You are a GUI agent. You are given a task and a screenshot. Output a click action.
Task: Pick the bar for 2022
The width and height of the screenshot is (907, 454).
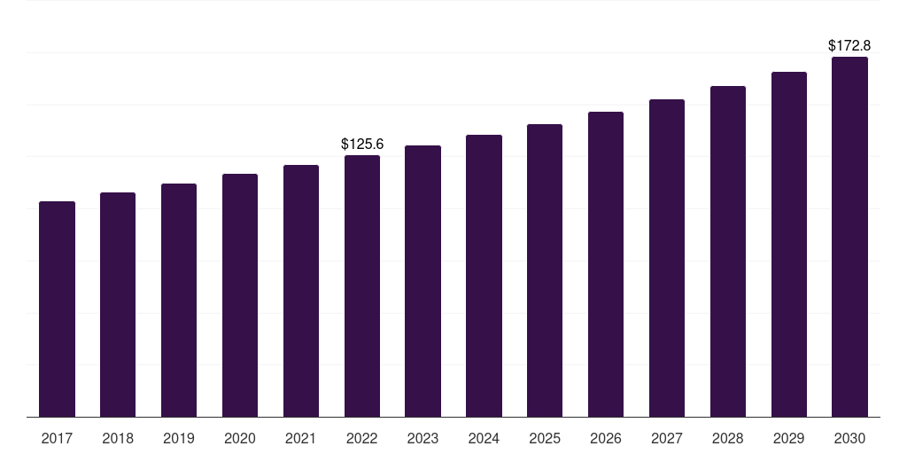point(362,286)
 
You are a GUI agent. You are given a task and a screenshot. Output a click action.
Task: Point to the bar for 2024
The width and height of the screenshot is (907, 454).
point(484,276)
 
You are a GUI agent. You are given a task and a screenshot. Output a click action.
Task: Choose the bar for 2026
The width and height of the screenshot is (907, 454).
point(606,264)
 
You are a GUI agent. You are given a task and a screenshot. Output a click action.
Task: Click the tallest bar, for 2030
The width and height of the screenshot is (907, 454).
point(849,237)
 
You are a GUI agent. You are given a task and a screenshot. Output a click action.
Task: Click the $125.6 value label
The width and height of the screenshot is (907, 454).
point(362,144)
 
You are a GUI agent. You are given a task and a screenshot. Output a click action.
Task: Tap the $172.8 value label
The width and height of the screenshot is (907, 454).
point(849,45)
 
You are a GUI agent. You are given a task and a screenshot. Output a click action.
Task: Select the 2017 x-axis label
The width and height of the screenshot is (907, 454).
point(57,438)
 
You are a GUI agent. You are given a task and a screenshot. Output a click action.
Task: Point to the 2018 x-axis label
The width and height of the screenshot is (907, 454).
point(118,438)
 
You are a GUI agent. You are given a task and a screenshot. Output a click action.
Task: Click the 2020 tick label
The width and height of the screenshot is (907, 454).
point(240,438)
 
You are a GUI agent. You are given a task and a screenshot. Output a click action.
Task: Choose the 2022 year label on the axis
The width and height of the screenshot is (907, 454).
point(362,438)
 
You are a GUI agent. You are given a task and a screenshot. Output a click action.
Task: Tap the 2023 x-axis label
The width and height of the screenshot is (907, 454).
point(422,438)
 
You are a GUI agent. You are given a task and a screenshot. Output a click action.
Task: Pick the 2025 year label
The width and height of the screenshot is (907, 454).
point(545,438)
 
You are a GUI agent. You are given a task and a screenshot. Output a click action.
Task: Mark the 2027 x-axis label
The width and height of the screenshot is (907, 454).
point(667,438)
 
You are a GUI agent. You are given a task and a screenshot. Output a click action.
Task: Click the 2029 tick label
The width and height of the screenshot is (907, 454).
point(789,438)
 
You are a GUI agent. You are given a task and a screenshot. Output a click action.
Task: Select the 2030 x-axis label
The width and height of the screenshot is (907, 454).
point(849,438)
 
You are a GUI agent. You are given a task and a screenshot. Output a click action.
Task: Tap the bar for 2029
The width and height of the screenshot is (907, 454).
point(789,244)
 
